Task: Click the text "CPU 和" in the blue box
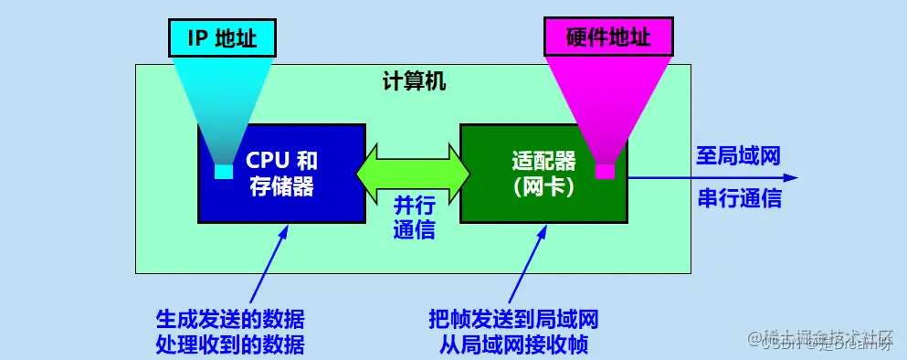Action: click(x=281, y=161)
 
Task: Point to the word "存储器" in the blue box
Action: click(x=281, y=187)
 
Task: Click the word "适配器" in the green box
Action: click(x=543, y=162)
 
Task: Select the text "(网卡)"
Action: click(x=543, y=188)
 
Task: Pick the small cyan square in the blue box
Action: click(x=223, y=172)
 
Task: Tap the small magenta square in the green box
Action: click(x=605, y=171)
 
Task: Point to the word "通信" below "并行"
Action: click(x=414, y=229)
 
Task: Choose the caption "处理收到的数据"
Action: click(x=230, y=344)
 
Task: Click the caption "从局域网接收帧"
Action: click(x=513, y=344)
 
